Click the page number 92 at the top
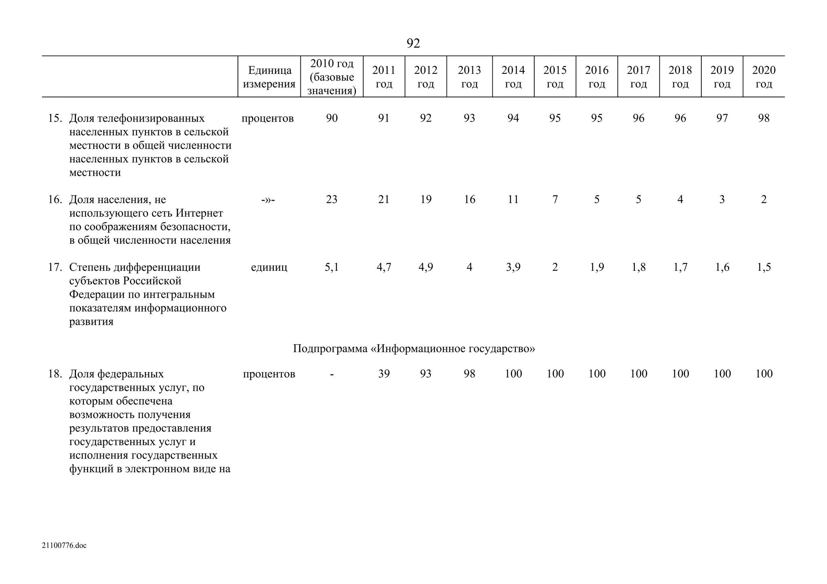[413, 43]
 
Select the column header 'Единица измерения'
[269, 77]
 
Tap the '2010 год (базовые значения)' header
[332, 77]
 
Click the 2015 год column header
[555, 77]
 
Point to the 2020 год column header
[764, 77]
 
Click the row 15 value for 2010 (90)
[332, 118]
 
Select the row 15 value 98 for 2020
[764, 118]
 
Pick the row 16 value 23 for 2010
[332, 199]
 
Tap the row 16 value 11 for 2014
[513, 199]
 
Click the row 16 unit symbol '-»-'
[268, 200]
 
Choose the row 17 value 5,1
[332, 267]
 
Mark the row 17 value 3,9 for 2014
[513, 267]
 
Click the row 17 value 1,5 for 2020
[764, 267]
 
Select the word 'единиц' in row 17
[269, 267]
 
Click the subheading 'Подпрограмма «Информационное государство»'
[414, 348]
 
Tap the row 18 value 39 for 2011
[384, 374]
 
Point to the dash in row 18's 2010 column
[332, 374]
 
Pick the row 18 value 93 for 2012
[426, 374]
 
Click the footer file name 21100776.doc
[64, 546]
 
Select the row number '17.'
[55, 267]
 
